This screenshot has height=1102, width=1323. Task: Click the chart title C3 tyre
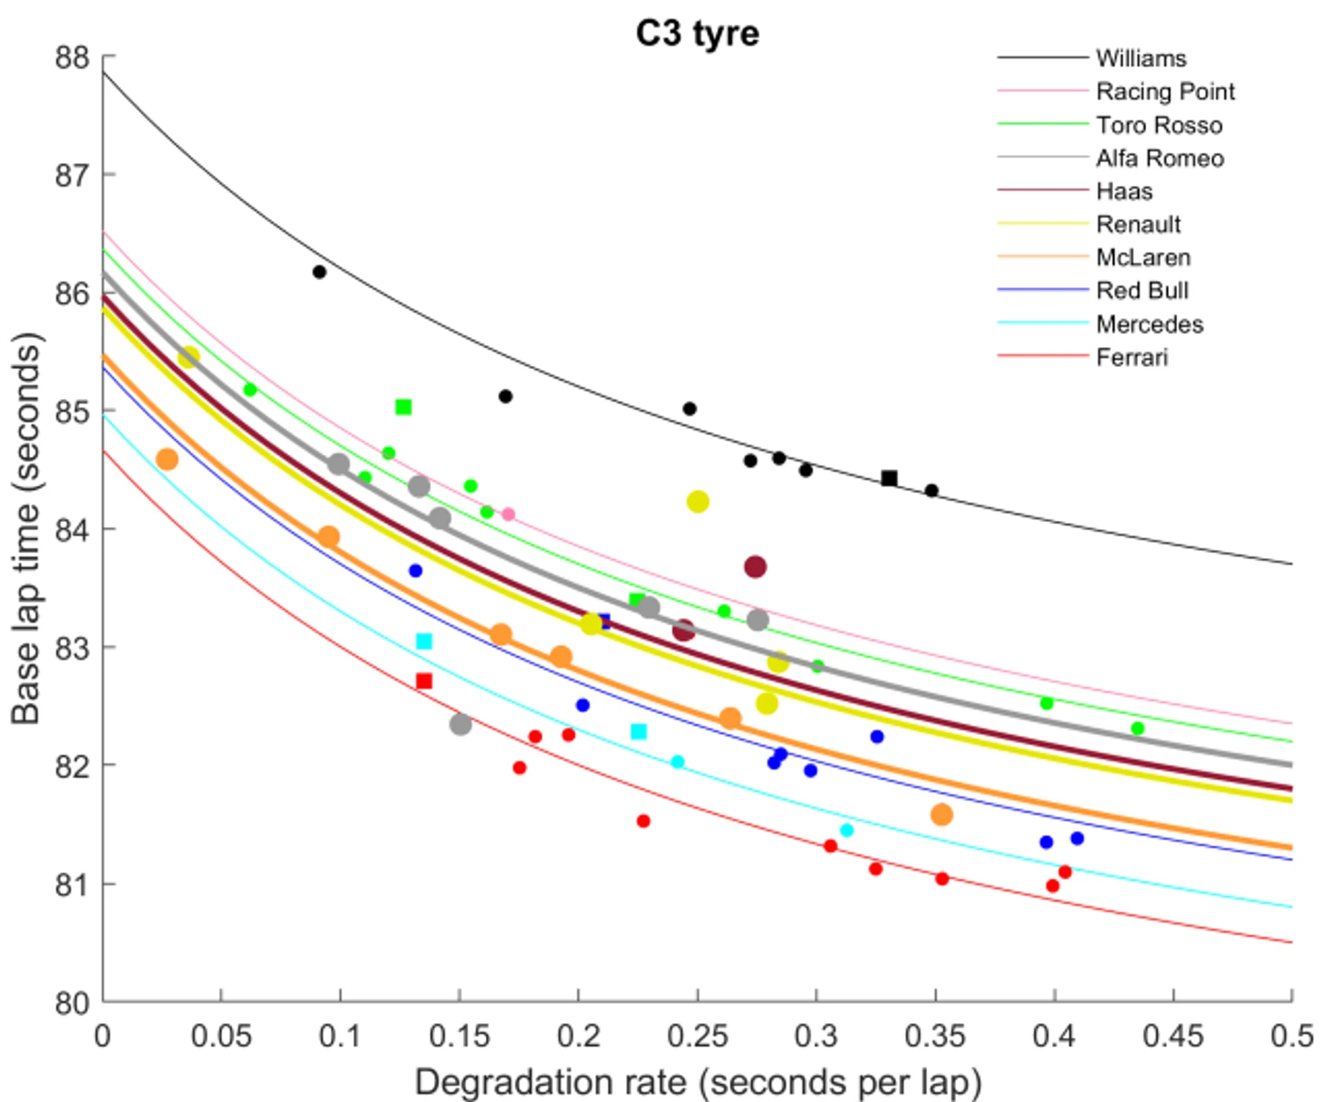(697, 34)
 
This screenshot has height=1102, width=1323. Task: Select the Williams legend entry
(1140, 58)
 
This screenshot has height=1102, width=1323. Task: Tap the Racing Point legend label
(1164, 92)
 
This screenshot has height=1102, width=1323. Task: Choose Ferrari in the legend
(1131, 357)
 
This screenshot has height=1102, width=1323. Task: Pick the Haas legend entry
(1124, 191)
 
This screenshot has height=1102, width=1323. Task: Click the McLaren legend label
(1143, 257)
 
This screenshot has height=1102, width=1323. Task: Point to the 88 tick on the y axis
(72, 57)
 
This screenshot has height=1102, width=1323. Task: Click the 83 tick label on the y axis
(72, 648)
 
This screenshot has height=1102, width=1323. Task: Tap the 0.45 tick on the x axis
(1173, 1036)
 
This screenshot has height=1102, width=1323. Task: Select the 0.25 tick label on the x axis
(697, 1036)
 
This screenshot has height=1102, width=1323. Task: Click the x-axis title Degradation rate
(697, 1082)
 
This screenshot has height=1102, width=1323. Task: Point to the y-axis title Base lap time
(26, 529)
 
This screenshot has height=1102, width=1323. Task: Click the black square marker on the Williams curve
(889, 478)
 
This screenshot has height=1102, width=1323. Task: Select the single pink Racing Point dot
(508, 515)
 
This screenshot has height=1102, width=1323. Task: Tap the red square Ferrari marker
(424, 681)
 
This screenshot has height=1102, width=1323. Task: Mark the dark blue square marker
(604, 622)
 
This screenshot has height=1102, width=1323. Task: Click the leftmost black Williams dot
(319, 272)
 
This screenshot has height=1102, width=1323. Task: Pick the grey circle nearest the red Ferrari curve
(460, 724)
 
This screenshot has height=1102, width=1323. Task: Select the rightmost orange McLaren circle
(942, 815)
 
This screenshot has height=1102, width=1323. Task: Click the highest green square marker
(403, 408)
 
